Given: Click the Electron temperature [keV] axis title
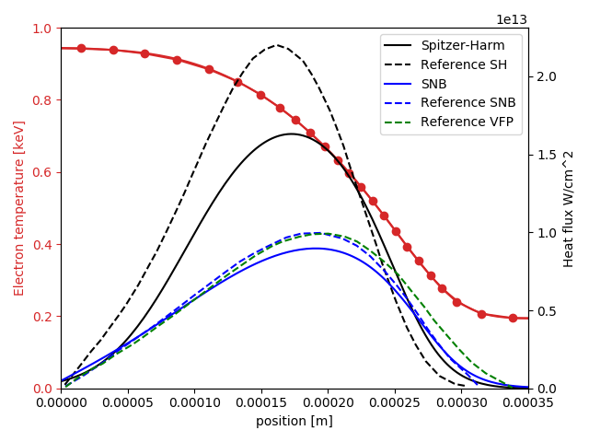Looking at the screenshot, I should click(19, 208).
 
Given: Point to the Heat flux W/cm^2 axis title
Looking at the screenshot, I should click(569, 208).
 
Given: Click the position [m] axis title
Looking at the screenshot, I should click(294, 422).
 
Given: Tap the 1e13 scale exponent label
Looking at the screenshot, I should click(512, 19).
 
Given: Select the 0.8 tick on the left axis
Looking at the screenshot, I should click(42, 100).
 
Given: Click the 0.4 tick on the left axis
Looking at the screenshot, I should click(42, 245).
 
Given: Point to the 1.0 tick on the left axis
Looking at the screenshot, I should click(42, 29).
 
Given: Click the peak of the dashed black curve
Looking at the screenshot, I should click(276, 45).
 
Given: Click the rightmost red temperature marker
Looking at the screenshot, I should click(513, 318).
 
